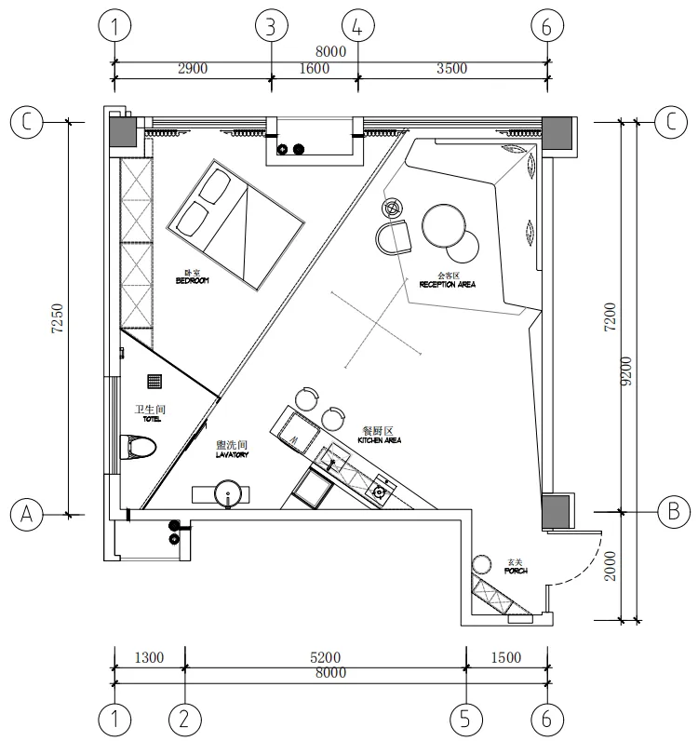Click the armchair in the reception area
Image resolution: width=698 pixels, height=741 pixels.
click(395, 238)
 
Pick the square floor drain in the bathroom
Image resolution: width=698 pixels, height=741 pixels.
click(155, 381)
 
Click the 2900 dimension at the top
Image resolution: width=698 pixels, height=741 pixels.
click(192, 68)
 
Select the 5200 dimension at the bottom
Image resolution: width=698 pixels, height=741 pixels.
click(326, 657)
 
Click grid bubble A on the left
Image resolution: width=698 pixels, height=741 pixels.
click(27, 513)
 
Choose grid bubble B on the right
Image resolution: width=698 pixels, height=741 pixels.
click(672, 511)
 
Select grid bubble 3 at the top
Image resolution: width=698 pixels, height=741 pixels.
click(271, 26)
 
